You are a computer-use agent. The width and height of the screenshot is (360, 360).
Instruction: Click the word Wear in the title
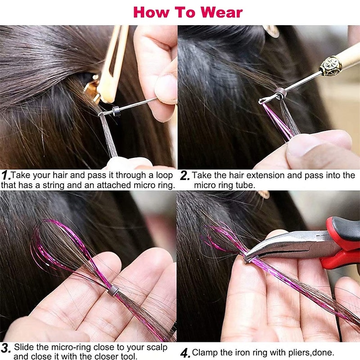click(220, 12)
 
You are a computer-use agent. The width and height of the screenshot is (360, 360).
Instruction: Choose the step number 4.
click(185, 352)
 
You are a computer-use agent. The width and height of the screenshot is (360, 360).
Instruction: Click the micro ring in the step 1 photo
click(116, 111)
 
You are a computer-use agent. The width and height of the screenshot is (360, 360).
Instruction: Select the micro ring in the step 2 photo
click(280, 93)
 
